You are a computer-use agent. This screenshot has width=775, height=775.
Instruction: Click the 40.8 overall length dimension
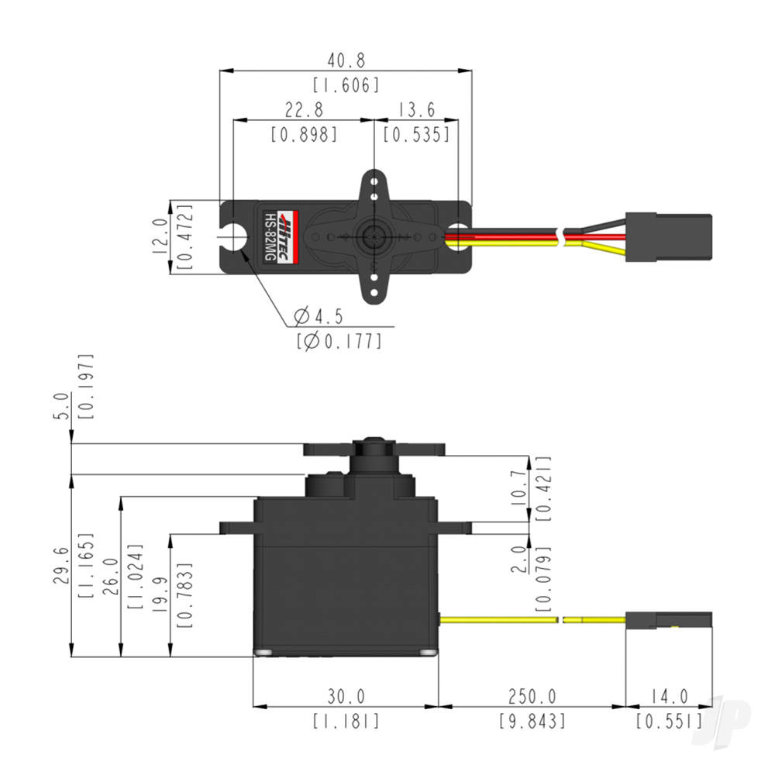coord(346,60)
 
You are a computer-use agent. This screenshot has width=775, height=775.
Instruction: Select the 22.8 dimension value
coord(304,109)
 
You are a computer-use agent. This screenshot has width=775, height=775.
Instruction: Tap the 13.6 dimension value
coord(416,109)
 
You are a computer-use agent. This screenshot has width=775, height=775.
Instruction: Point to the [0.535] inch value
coord(416,135)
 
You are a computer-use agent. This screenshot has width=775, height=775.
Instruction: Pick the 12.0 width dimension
coord(160,236)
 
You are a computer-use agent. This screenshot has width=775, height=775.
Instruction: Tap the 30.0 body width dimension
coord(346,696)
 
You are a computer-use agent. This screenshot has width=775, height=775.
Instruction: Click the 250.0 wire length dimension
coord(532,696)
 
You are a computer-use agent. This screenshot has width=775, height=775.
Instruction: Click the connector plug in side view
coord(668,619)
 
